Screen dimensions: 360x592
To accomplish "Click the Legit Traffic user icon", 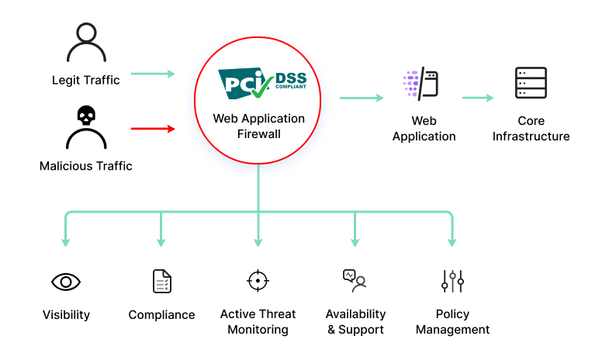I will (x=86, y=43).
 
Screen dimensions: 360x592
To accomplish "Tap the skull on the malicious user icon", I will (x=86, y=116).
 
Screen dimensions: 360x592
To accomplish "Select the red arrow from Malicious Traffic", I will (x=153, y=129).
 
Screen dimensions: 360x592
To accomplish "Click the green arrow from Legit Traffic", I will (x=153, y=74).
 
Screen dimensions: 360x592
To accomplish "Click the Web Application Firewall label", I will (x=259, y=126).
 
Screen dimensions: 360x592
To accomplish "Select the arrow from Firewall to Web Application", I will (x=362, y=98).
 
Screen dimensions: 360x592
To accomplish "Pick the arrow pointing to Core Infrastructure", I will (x=478, y=98).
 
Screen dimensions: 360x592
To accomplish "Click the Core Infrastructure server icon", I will (x=531, y=82).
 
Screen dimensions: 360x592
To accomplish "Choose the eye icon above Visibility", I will (x=66, y=281).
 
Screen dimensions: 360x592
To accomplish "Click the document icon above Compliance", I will (x=161, y=281).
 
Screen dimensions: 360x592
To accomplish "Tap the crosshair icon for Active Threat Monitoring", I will (x=258, y=281).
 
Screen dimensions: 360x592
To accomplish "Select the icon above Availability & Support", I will (x=355, y=281).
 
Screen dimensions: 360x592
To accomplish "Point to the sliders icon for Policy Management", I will (x=452, y=281).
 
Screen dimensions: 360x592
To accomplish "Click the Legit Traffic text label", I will (x=86, y=80).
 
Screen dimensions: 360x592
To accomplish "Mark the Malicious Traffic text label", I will (x=86, y=165).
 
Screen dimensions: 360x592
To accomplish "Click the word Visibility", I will (x=66, y=315).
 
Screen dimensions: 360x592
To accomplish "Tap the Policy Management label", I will (x=452, y=322).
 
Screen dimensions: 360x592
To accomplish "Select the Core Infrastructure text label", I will (x=531, y=129).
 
